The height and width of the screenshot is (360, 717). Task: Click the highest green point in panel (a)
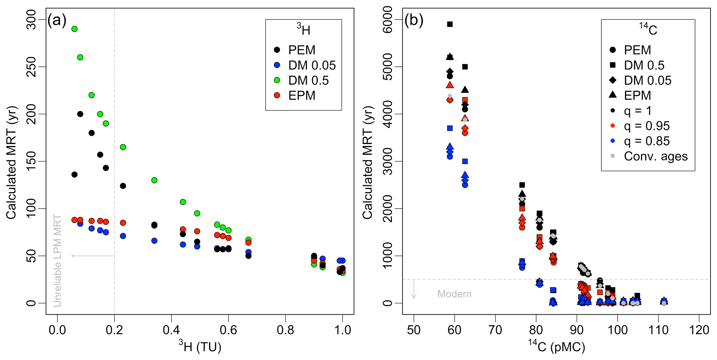click(74, 29)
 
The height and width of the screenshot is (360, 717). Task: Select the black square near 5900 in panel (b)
click(450, 24)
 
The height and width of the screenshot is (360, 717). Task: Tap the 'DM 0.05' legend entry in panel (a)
click(312, 65)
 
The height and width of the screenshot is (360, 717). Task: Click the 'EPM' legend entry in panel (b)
click(637, 95)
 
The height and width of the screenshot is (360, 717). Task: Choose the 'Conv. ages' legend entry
click(655, 156)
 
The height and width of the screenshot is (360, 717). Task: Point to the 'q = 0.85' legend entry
click(647, 141)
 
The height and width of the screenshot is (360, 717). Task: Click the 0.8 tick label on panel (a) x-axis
click(285, 330)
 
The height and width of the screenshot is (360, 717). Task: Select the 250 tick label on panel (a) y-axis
click(32, 67)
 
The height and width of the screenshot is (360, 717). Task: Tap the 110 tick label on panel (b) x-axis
click(658, 330)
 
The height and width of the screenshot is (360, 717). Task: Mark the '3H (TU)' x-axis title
click(200, 346)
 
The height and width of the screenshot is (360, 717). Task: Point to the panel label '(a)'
click(57, 21)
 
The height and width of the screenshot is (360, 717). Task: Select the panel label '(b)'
click(414, 21)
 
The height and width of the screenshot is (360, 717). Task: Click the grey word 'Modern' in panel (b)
click(454, 294)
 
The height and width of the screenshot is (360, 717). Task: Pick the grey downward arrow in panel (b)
click(414, 289)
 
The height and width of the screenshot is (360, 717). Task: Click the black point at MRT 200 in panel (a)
click(80, 114)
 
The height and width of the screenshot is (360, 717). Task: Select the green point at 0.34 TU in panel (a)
click(154, 180)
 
